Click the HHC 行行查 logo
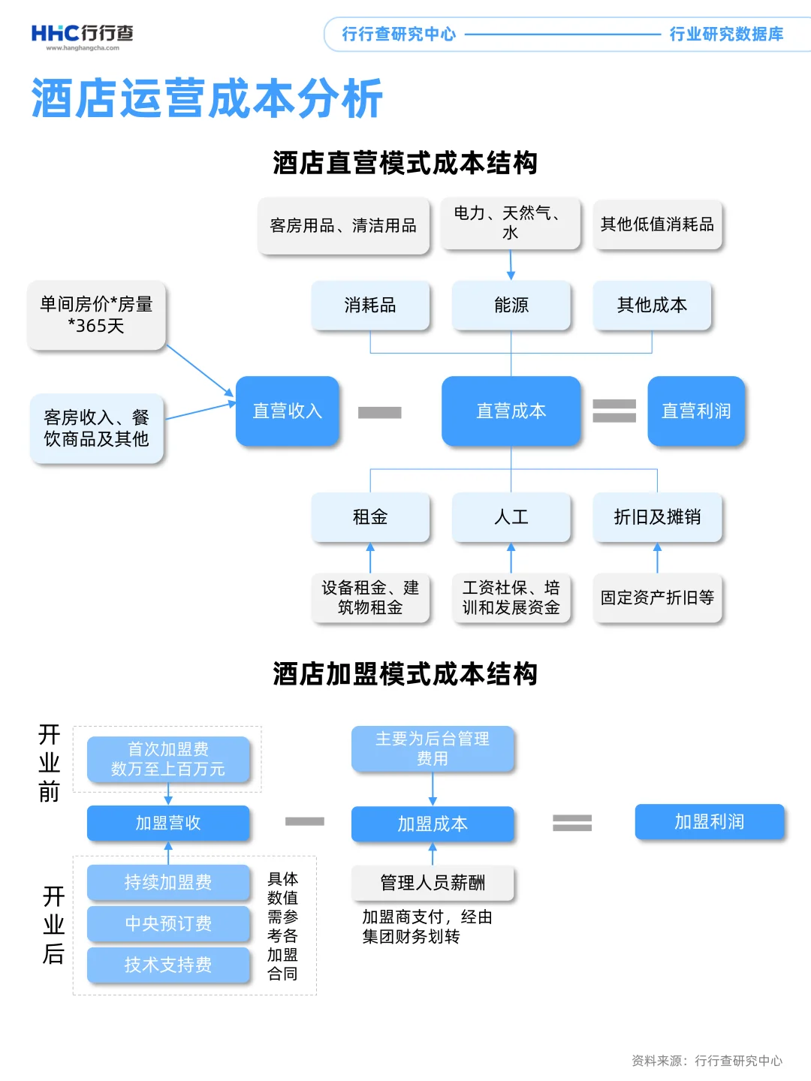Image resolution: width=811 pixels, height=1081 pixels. (x=82, y=35)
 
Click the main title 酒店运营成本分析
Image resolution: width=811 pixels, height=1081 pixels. (x=207, y=98)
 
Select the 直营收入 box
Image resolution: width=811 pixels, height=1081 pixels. (x=287, y=411)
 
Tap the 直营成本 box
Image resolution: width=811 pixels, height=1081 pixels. (x=511, y=411)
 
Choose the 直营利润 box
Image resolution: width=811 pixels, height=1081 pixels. (x=695, y=411)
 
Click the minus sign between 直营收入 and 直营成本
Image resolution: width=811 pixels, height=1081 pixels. (x=379, y=412)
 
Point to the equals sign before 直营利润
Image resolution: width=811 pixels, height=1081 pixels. (x=614, y=411)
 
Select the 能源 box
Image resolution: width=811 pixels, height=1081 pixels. (x=511, y=305)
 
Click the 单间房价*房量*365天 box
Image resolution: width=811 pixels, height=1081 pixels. (x=96, y=315)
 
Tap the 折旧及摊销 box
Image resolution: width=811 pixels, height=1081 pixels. (x=657, y=516)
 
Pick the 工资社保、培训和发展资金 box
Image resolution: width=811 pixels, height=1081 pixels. (x=511, y=598)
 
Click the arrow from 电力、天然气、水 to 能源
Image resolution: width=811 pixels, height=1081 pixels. (x=511, y=266)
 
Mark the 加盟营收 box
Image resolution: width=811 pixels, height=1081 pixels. (x=168, y=823)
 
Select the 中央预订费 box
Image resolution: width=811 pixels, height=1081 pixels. (x=168, y=923)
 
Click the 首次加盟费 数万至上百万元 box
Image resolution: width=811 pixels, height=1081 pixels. (x=168, y=759)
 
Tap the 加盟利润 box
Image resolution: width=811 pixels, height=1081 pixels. (x=709, y=821)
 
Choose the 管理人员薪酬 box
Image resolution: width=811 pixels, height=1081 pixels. (x=433, y=883)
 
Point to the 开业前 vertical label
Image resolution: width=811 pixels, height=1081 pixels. (x=50, y=763)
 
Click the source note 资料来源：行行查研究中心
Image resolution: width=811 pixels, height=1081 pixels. (x=707, y=1061)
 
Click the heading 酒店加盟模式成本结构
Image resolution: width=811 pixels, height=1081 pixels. (x=405, y=674)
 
